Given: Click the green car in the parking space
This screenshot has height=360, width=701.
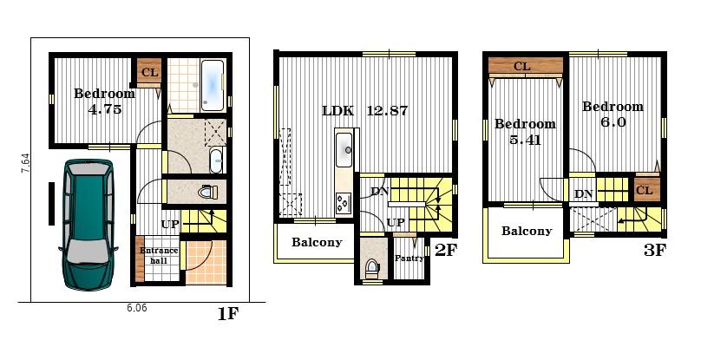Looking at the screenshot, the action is pyautogui.click(x=88, y=225).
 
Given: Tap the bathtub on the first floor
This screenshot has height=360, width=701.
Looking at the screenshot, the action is pyautogui.click(x=213, y=85).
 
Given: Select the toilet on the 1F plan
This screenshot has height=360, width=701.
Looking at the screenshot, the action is pyautogui.click(x=208, y=192).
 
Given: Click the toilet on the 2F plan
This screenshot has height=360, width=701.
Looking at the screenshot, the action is pyautogui.click(x=371, y=268).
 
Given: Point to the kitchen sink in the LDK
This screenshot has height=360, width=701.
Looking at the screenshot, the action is pyautogui.click(x=344, y=150).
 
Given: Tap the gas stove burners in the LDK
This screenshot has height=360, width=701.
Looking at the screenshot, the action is pyautogui.click(x=344, y=203).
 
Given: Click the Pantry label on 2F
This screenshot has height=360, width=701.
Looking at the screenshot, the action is pyautogui.click(x=409, y=258).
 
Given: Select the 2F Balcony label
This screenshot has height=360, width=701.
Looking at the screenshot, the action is pyautogui.click(x=317, y=242).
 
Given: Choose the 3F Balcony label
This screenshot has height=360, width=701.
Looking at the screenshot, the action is pyautogui.click(x=527, y=231).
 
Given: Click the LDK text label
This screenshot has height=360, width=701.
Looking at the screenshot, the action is pyautogui.click(x=337, y=111).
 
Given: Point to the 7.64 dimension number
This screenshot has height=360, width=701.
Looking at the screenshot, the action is pyautogui.click(x=25, y=164).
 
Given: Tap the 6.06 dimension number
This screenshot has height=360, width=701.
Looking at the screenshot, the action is pyautogui.click(x=137, y=308).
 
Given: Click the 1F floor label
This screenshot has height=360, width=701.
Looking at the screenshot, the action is pyautogui.click(x=228, y=314).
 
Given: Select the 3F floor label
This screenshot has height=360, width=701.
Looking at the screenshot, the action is pyautogui.click(x=654, y=251).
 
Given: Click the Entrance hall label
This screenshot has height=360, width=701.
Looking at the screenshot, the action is pyautogui.click(x=159, y=255).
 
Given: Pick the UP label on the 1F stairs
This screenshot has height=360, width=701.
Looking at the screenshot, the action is pyautogui.click(x=170, y=225).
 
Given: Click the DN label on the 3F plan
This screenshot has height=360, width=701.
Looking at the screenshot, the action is pyautogui.click(x=584, y=194).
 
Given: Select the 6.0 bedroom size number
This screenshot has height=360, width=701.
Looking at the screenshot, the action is pyautogui.click(x=613, y=122).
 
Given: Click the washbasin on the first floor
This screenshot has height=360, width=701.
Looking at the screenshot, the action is pyautogui.click(x=216, y=160).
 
